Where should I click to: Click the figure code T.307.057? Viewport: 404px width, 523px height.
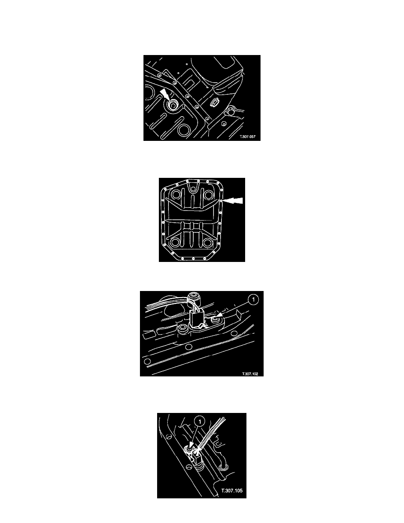pyautogui.click(x=248, y=136)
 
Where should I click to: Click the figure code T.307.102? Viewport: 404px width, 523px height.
pyautogui.click(x=250, y=374)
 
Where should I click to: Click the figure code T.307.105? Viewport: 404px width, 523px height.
pyautogui.click(x=232, y=491)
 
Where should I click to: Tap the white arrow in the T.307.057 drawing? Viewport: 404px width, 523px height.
pyautogui.click(x=165, y=94)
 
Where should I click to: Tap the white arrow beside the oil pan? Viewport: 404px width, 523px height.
pyautogui.click(x=233, y=200)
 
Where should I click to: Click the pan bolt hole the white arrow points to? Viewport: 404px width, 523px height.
pyautogui.click(x=221, y=201)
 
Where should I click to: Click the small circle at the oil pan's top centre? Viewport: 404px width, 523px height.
pyautogui.click(x=192, y=189)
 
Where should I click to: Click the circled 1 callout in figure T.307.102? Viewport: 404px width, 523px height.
pyautogui.click(x=253, y=299)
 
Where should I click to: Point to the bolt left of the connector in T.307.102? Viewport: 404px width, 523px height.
pyautogui.click(x=183, y=330)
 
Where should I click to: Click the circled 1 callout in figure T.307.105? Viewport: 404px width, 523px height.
pyautogui.click(x=200, y=422)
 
